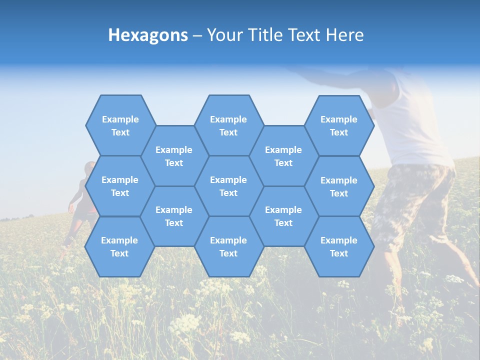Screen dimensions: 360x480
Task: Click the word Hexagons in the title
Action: (148, 35)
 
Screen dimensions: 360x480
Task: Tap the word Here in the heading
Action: (344, 35)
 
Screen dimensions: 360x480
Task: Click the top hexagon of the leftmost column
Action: (120, 125)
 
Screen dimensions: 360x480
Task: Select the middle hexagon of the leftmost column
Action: (120, 186)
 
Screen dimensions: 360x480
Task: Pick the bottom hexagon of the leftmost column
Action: (119, 246)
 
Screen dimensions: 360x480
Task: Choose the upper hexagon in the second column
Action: (174, 156)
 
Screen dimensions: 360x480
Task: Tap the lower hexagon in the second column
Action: (174, 216)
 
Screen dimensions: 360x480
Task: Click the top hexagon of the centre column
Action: (228, 125)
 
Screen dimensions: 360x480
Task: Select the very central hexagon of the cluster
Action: (228, 186)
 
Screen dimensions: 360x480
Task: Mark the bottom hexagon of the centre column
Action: (228, 246)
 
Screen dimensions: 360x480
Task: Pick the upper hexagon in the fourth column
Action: (283, 156)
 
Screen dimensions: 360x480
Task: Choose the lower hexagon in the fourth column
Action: (283, 216)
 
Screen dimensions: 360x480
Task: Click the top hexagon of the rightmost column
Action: (339, 125)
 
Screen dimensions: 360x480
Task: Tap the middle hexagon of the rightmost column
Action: (339, 186)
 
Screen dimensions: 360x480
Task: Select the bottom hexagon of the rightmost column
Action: (339, 246)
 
